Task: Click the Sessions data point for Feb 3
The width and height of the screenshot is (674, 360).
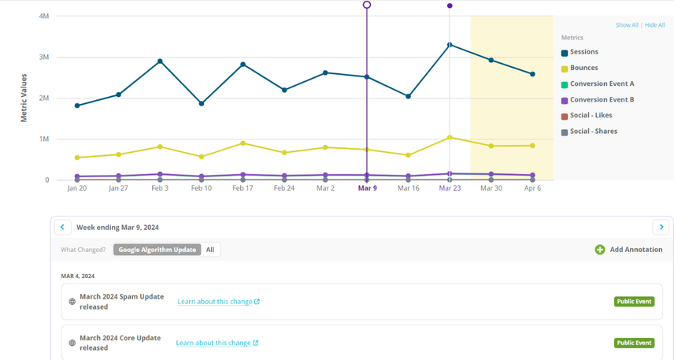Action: click(x=160, y=61)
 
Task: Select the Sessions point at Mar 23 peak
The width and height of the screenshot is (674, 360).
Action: click(x=450, y=45)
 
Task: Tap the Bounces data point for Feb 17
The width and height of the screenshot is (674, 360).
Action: click(x=243, y=143)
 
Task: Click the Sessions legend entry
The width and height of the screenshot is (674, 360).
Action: click(x=583, y=52)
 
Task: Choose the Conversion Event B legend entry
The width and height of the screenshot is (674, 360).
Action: click(x=602, y=100)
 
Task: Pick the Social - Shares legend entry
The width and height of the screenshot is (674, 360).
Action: click(x=593, y=132)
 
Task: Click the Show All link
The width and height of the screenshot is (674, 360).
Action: click(x=627, y=25)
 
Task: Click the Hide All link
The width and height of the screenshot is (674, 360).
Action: click(x=655, y=25)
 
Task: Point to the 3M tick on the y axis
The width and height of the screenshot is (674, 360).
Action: click(x=43, y=58)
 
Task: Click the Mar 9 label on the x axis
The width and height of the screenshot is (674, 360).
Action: click(x=367, y=189)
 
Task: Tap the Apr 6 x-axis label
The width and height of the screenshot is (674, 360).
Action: click(x=533, y=189)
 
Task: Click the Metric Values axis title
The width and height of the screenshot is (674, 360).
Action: click(x=24, y=98)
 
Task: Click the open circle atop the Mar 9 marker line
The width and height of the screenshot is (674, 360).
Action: click(x=367, y=5)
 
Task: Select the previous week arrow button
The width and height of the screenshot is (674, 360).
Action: click(x=62, y=227)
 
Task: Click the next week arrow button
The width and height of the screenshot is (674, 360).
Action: click(x=661, y=227)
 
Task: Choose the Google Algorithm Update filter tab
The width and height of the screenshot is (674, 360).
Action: click(x=156, y=250)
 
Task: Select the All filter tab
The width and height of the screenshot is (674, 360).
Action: click(x=210, y=250)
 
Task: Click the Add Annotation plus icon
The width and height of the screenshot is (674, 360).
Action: click(x=600, y=250)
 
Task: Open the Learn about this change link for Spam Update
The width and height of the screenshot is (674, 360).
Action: click(x=218, y=302)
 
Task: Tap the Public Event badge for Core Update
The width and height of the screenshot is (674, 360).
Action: click(x=634, y=343)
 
